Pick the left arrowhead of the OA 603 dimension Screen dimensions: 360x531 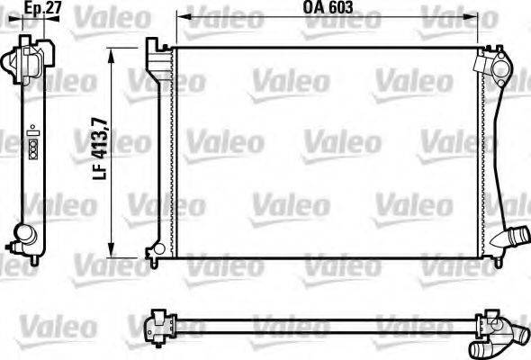click(x=180, y=17)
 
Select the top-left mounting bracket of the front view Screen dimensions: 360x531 click(x=158, y=50)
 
